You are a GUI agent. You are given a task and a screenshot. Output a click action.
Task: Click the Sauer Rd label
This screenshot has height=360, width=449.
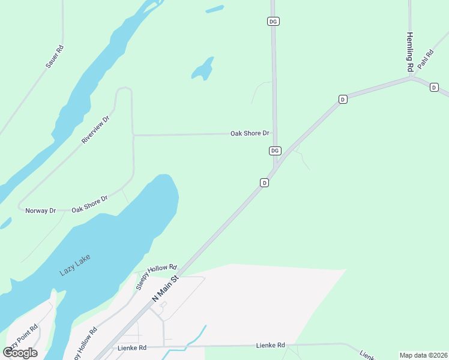coord(55,56)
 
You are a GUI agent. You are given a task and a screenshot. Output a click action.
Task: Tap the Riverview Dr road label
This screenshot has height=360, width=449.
coord(96,130)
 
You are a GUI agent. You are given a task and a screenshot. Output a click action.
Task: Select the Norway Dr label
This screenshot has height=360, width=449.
coord(40,211)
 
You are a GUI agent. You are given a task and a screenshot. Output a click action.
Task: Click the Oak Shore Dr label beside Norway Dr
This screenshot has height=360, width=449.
coord(89,203)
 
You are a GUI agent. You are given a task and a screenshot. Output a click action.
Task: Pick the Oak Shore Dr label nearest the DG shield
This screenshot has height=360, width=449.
coord(250,133)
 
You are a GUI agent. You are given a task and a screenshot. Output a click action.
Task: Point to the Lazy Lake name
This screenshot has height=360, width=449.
coord(76,263)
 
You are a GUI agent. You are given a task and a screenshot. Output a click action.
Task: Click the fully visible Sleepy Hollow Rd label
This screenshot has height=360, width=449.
coord(157,276)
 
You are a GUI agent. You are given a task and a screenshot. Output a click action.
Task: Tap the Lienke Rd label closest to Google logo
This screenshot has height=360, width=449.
coord(133,347)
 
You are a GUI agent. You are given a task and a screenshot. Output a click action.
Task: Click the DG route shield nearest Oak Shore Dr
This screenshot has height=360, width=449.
coord(275,151)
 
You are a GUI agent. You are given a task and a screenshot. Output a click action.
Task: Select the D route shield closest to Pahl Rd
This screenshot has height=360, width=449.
coord(434,88)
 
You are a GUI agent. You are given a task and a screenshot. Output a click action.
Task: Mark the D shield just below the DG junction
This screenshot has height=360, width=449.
coord(264,182)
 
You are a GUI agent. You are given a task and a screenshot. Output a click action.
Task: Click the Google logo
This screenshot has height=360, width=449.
coord(20,353)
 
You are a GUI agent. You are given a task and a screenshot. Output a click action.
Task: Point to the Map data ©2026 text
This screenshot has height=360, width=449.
coord(423,355)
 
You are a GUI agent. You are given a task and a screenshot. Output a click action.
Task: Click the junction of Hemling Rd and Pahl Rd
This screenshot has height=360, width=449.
coord(411,77)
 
